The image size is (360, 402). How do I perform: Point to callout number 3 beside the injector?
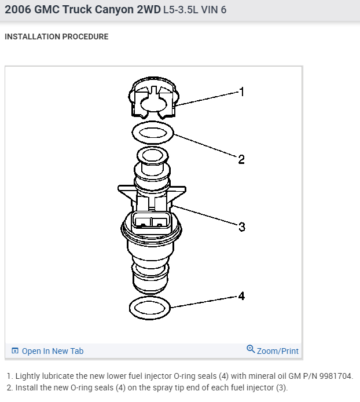(242, 227)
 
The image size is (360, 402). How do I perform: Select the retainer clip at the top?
(153, 98)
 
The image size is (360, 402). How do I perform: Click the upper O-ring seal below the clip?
(153, 133)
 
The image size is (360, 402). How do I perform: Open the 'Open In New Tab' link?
(53, 351)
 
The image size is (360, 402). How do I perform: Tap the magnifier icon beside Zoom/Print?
(251, 349)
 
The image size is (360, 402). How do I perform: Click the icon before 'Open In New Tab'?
(15, 351)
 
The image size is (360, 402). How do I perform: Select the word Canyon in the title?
(122, 10)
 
